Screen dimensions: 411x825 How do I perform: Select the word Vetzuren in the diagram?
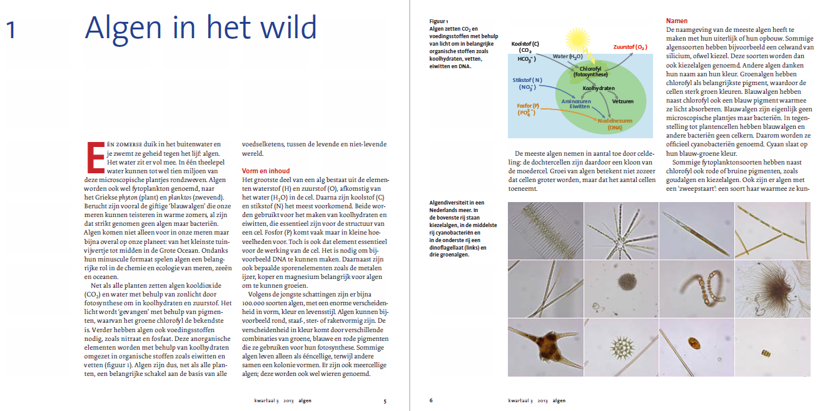click(x=622, y=101)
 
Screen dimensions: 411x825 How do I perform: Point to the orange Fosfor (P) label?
click(x=528, y=106)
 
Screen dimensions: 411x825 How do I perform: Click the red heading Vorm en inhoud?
click(x=266, y=171)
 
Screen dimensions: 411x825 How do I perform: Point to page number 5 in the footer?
click(x=385, y=400)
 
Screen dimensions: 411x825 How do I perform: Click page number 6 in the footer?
click(x=430, y=400)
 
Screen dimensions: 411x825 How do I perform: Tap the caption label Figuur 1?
click(x=438, y=21)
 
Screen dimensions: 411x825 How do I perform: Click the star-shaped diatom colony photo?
click(x=620, y=230)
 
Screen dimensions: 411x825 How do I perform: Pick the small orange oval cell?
click(x=693, y=343)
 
